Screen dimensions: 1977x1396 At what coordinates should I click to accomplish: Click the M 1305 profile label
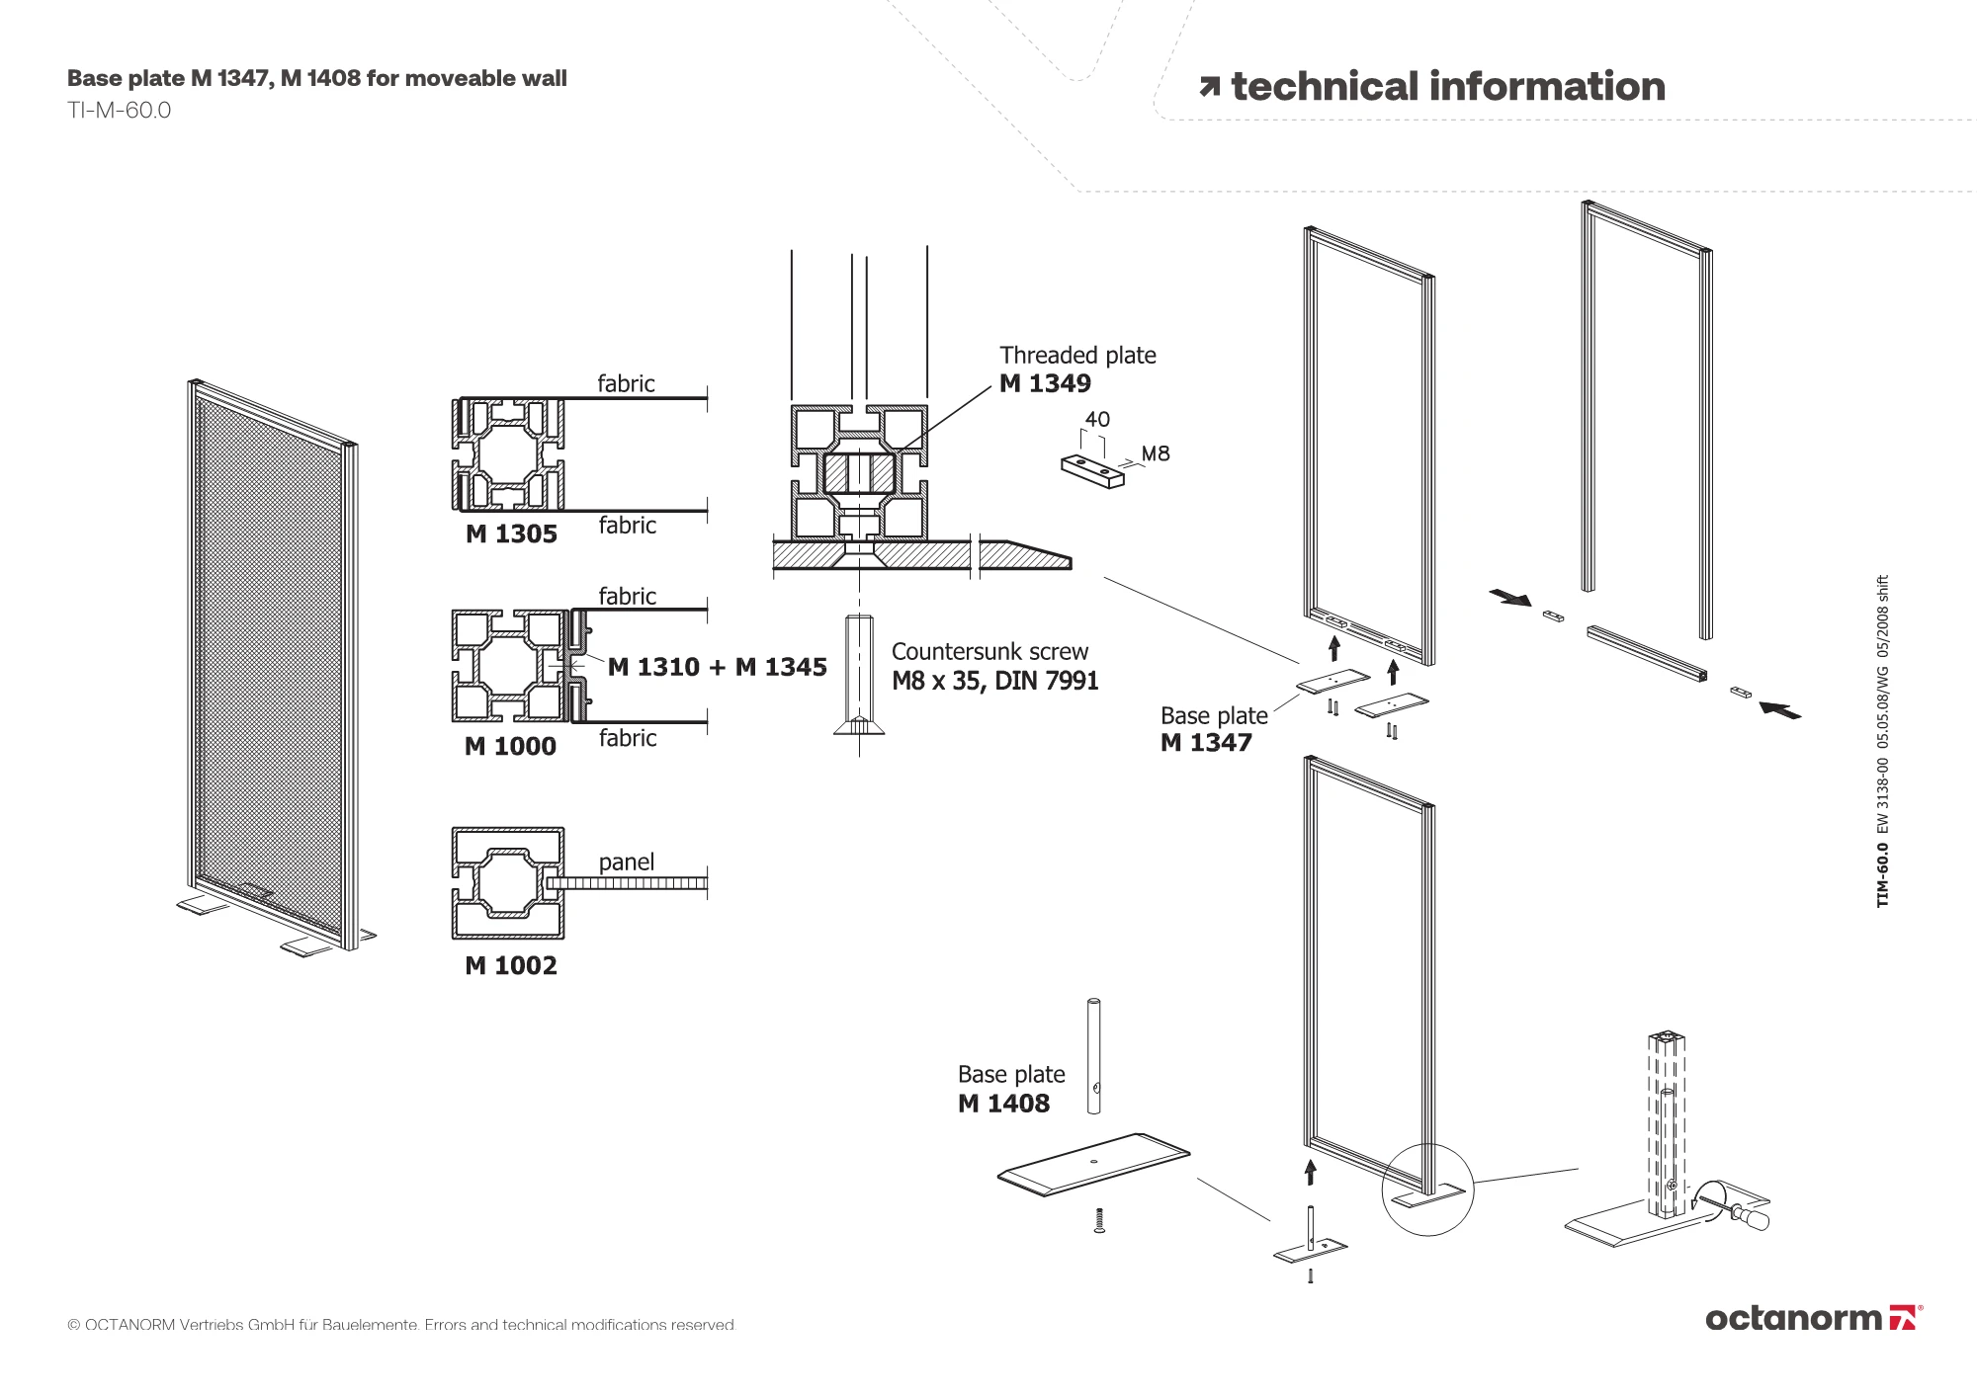tap(511, 534)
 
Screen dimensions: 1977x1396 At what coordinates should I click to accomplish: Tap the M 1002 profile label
tap(511, 965)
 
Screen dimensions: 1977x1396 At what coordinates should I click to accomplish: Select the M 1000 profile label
tap(510, 747)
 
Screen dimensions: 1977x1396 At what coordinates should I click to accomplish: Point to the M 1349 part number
tap(1045, 383)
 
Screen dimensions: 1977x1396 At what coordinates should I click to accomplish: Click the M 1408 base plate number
tap(1003, 1104)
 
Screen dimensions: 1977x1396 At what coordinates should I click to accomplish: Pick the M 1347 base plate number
tap(1206, 743)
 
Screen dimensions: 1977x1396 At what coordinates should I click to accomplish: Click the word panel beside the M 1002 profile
tap(627, 862)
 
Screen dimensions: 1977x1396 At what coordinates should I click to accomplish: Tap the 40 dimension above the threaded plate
tap(1097, 419)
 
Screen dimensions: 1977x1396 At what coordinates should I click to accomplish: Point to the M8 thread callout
tap(1156, 453)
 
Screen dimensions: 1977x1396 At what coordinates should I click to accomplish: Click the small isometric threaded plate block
tap(1092, 470)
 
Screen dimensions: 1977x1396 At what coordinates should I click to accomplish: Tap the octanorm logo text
tap(1793, 1318)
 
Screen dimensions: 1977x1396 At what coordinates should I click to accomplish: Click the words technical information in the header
tap(1448, 87)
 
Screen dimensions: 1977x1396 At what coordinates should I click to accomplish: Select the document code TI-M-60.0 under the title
tap(120, 111)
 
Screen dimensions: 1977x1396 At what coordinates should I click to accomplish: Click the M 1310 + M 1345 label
tap(718, 668)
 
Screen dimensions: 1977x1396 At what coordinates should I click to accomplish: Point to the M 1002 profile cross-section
tap(508, 883)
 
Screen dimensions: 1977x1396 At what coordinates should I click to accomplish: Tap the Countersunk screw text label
tap(989, 652)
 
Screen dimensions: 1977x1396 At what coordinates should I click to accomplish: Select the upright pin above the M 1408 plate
tap(1093, 1056)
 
